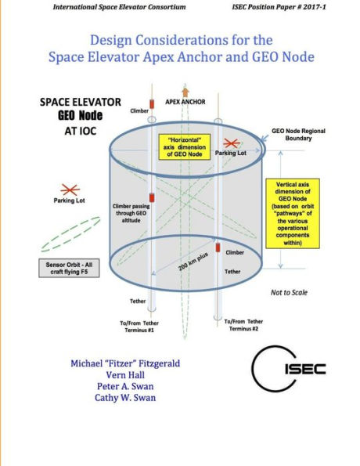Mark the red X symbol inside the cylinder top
[232, 143]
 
